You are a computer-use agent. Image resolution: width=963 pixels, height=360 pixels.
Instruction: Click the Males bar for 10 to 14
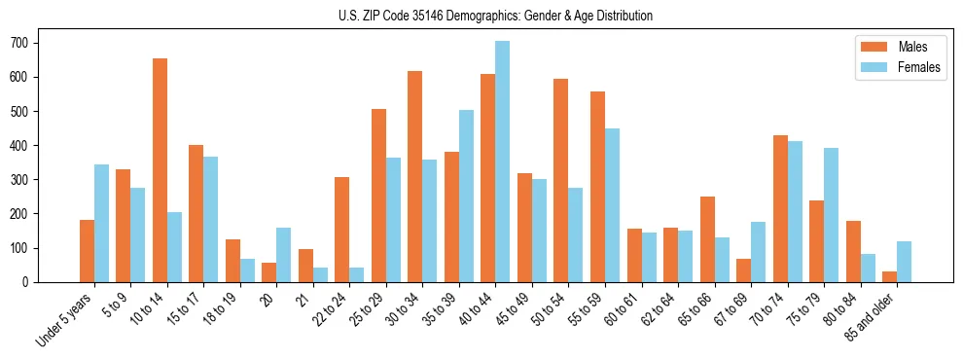(160, 170)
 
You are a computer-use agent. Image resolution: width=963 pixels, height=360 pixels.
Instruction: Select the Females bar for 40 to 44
(503, 162)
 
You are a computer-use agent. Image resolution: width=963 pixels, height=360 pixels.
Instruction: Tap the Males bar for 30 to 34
(415, 176)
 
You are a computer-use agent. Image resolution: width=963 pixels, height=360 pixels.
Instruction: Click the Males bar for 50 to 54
(561, 180)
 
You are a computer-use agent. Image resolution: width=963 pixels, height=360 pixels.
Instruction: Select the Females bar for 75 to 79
(831, 215)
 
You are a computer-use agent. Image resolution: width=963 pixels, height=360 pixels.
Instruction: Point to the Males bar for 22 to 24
(342, 230)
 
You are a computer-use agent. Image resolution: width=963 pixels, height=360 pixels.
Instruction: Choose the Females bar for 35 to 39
(466, 196)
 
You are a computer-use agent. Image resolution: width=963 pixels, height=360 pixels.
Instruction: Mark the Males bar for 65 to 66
(707, 239)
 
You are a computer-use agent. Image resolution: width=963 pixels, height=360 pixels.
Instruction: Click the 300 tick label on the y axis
(25, 180)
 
